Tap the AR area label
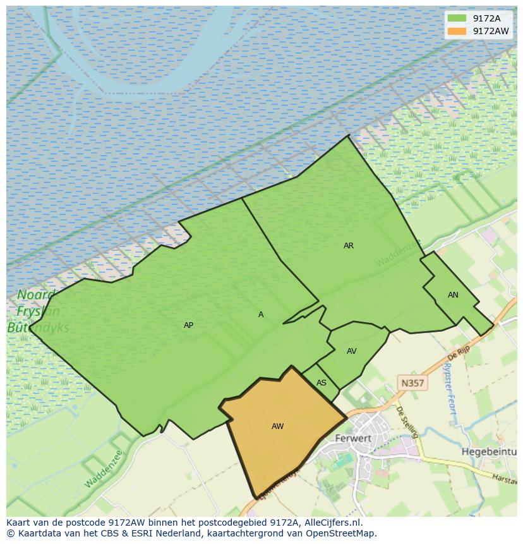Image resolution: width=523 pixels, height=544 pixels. [x=349, y=246]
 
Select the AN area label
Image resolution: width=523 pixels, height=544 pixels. [x=453, y=295]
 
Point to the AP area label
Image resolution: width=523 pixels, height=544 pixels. [x=188, y=325]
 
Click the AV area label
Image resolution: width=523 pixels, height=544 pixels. [x=352, y=351]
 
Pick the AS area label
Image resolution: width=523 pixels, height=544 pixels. [x=322, y=383]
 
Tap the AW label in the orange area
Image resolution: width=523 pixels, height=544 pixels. [x=277, y=426]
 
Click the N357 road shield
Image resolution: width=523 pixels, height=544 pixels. [x=412, y=383]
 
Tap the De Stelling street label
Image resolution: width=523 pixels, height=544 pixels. [x=407, y=421]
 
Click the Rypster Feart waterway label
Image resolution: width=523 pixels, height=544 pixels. [x=450, y=389]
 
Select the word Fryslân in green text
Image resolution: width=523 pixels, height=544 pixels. [x=38, y=311]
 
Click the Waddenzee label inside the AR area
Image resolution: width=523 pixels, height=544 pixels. [x=398, y=253]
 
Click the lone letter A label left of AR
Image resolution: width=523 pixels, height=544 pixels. [x=261, y=315]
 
